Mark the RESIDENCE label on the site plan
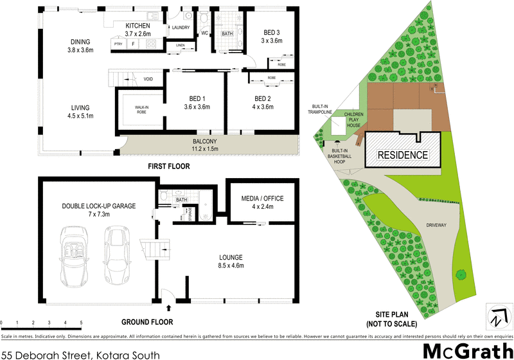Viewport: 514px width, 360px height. coord(402,155)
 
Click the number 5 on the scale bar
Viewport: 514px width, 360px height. coord(81,322)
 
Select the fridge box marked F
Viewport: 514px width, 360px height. coord(133,44)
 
